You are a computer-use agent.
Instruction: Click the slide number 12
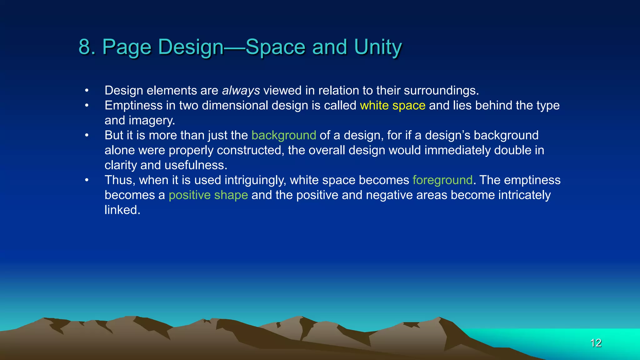(596, 343)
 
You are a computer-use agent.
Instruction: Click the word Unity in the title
(378, 47)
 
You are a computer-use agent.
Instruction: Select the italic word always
(241, 91)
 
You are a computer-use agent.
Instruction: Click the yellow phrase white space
(392, 106)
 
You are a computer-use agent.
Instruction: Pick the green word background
(284, 135)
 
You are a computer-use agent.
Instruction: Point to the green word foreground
(442, 180)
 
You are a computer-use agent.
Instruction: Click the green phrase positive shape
(208, 195)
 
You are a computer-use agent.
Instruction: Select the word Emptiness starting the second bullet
(133, 106)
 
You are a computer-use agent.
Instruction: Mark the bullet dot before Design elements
(87, 91)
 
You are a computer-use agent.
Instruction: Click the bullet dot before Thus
(87, 180)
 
